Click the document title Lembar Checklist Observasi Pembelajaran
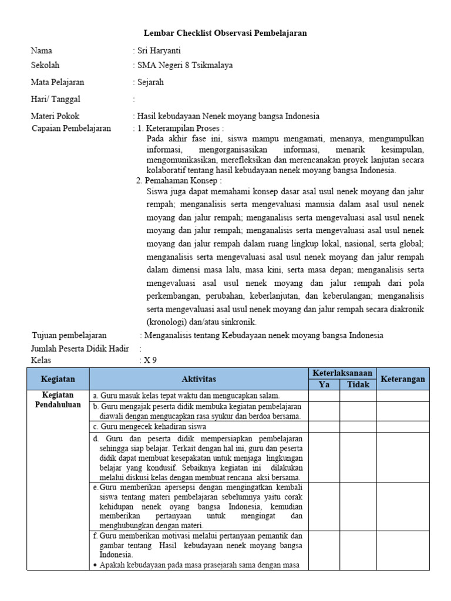(225, 33)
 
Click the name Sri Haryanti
(159, 51)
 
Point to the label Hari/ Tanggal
(56, 99)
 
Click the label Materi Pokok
(55, 116)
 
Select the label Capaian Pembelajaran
(71, 129)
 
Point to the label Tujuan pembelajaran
(69, 335)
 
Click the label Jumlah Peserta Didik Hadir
(80, 349)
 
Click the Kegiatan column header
(58, 379)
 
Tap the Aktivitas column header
(198, 379)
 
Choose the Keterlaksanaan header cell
(342, 373)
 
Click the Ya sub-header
(324, 384)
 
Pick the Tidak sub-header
(358, 384)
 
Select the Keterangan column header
(403, 379)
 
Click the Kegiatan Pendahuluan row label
(58, 400)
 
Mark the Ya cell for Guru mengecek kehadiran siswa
(324, 427)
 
